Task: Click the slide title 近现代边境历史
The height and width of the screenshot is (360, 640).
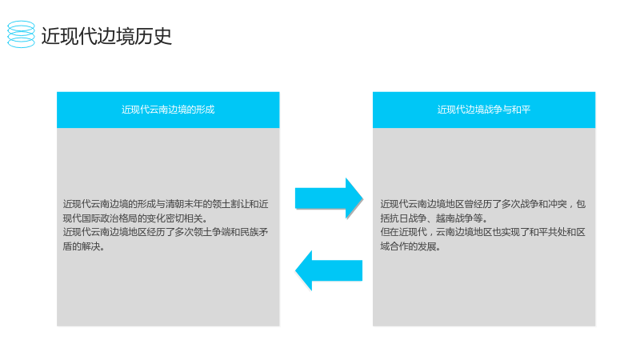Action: pos(106,36)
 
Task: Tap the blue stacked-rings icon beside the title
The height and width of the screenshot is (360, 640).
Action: pos(22,34)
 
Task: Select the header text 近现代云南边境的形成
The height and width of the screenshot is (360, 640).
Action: pos(168,110)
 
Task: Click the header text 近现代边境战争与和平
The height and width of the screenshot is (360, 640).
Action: pos(484,110)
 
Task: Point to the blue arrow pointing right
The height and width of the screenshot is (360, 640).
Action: pos(329,198)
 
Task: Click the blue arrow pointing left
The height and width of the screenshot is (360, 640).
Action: pos(329,270)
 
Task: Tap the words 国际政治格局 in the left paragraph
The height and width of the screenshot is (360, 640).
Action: pos(110,218)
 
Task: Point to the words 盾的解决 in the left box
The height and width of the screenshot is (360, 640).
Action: pos(82,246)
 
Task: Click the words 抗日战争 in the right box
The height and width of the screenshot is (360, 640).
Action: pos(408,218)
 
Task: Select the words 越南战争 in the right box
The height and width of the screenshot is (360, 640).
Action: pos(454,218)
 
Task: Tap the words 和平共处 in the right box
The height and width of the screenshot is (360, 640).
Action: pos(547,232)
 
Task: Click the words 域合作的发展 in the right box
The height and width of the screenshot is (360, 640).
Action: pos(408,246)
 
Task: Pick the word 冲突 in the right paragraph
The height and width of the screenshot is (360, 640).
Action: pos(557,204)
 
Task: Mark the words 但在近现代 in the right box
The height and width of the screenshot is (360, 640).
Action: pos(403,232)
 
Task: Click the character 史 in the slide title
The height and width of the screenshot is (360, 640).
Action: pos(162,36)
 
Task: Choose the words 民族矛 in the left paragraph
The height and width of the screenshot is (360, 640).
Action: pos(254,232)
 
